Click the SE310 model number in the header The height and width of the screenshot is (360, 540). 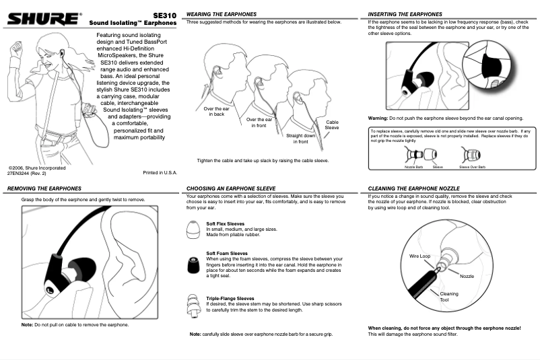[164, 14]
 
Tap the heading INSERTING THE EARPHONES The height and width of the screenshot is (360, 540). [405, 14]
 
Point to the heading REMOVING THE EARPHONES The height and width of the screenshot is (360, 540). [44, 188]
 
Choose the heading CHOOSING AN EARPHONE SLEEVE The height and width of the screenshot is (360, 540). [234, 188]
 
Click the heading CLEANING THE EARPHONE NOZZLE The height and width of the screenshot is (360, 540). [414, 188]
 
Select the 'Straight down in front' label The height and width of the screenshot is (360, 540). [301, 139]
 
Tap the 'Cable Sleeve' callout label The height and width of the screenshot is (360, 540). [332, 124]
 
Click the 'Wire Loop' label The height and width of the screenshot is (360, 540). [419, 256]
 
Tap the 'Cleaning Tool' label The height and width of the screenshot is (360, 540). [448, 297]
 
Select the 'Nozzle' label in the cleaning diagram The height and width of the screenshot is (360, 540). [467, 277]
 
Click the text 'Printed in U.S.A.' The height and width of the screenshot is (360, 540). [160, 173]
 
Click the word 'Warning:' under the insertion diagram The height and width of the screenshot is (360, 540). [381, 117]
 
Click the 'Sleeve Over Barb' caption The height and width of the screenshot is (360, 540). [472, 166]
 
